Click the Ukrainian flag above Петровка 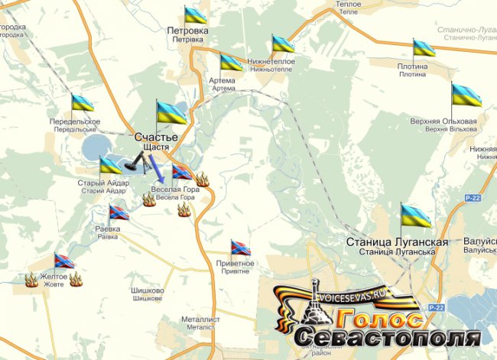click(x=196, y=15)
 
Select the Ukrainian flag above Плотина click(x=424, y=49)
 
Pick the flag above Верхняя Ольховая click(x=466, y=96)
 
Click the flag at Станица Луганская click(x=415, y=216)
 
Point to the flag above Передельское click(x=82, y=102)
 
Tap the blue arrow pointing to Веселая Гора click(x=156, y=167)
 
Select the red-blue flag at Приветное click(x=241, y=248)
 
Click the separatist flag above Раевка click(x=119, y=212)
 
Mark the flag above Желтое click(x=64, y=261)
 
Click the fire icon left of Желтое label click(x=31, y=280)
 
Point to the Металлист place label click(x=200, y=319)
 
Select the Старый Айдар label click(x=97, y=183)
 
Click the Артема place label click(x=223, y=79)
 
